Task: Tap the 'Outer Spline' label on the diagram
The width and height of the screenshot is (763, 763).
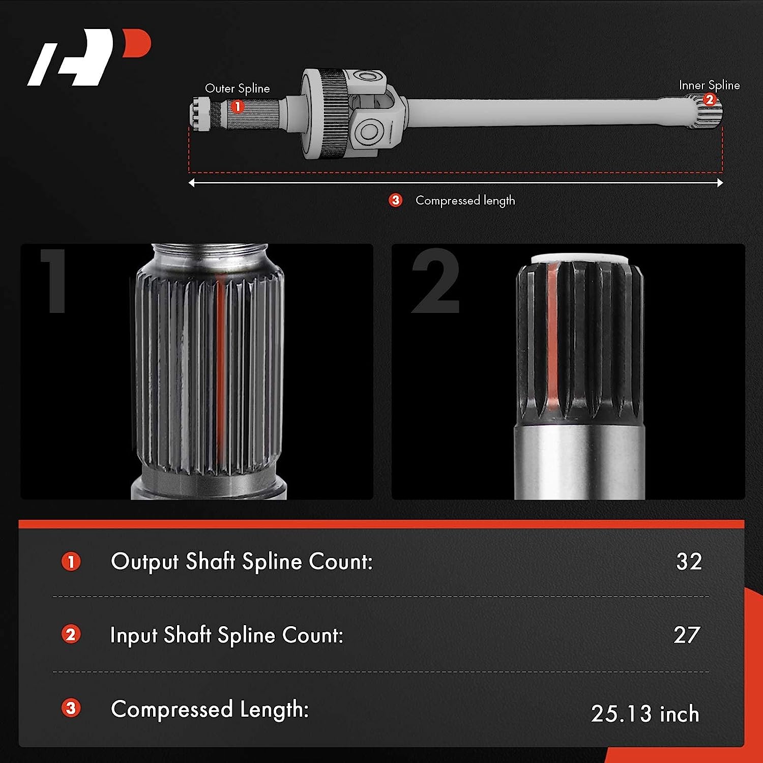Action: pos(237,89)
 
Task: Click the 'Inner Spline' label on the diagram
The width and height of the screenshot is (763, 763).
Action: pos(709,85)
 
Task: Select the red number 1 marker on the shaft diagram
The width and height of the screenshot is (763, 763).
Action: pos(237,106)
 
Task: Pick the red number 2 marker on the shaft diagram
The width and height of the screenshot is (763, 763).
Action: pos(710,100)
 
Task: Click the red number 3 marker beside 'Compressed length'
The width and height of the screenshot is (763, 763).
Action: pos(395,200)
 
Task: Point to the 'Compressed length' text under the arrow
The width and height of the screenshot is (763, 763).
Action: pos(465,201)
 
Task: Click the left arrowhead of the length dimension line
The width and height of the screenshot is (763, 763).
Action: pos(191,183)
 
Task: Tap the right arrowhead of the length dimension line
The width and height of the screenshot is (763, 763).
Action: pos(720,183)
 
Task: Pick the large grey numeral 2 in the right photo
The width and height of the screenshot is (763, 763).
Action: pos(436,281)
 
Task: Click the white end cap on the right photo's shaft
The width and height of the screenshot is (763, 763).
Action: pos(580,259)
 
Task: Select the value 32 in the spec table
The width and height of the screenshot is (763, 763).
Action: pos(689,562)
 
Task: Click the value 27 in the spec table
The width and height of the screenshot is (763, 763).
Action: pos(687,635)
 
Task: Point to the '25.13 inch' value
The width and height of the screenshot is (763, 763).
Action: pos(645,714)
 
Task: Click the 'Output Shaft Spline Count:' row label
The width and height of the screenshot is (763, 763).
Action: pos(242,562)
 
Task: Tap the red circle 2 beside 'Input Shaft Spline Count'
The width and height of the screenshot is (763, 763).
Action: pos(71,634)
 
